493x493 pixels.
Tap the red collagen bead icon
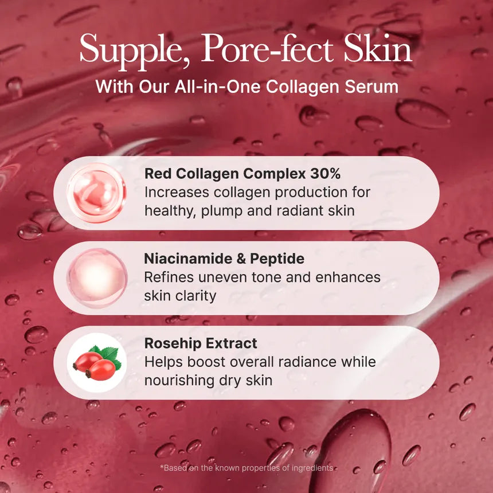96,193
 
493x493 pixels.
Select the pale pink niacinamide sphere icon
96,278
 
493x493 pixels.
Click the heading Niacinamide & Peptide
224,259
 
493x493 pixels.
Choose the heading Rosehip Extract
201,343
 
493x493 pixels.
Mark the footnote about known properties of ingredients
246,468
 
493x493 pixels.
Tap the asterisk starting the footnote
162,467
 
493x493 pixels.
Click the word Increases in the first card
179,192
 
